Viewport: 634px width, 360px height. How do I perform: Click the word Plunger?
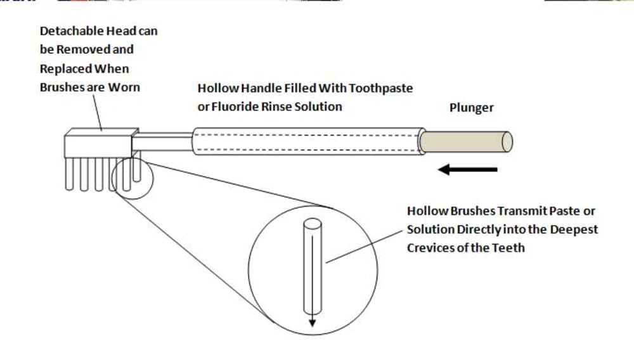tap(471, 108)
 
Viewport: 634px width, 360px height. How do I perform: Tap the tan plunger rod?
tap(463, 141)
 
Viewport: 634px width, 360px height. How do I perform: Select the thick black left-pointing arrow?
tap(468, 169)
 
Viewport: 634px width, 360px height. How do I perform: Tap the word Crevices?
tap(430, 247)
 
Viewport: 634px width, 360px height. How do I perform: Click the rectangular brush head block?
tap(98, 143)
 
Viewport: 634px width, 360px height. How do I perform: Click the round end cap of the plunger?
tap(507, 142)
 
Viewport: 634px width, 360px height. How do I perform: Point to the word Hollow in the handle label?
tap(217, 89)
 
